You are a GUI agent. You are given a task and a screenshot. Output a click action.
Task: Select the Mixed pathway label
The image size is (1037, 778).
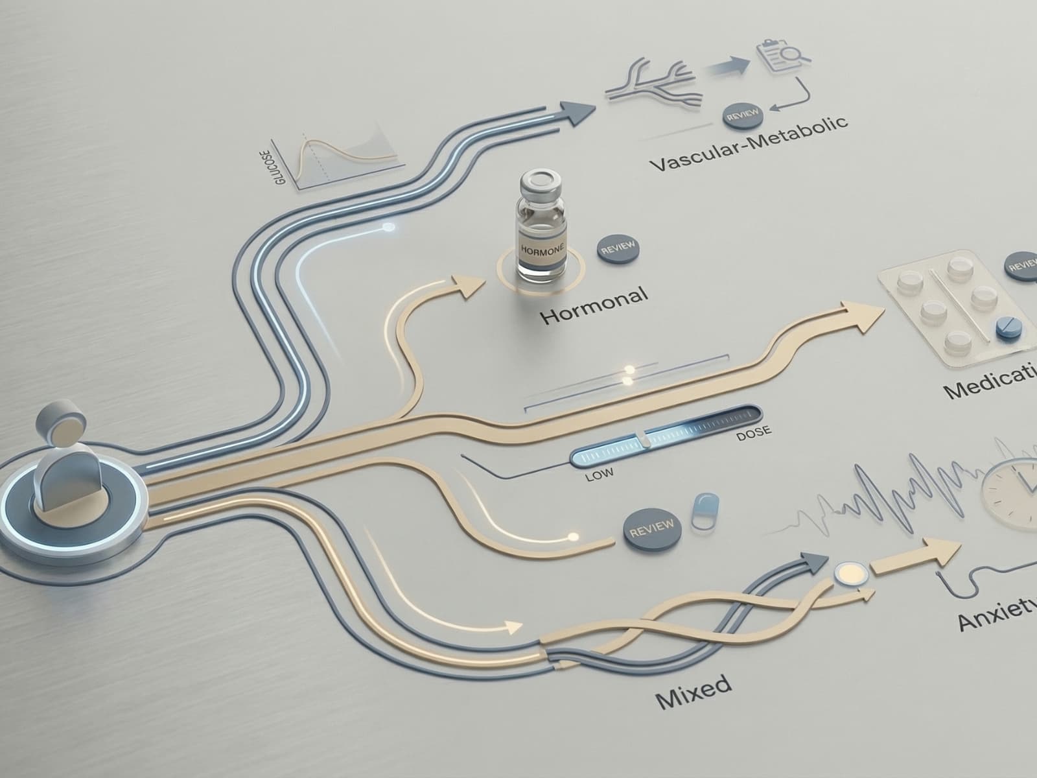point(693,692)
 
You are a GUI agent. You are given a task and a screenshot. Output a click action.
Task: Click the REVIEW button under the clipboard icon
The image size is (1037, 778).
point(743,115)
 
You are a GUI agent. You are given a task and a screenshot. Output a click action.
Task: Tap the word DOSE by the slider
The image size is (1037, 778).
point(754,434)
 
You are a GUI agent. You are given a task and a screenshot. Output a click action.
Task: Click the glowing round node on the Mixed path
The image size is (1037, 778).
point(846,572)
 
